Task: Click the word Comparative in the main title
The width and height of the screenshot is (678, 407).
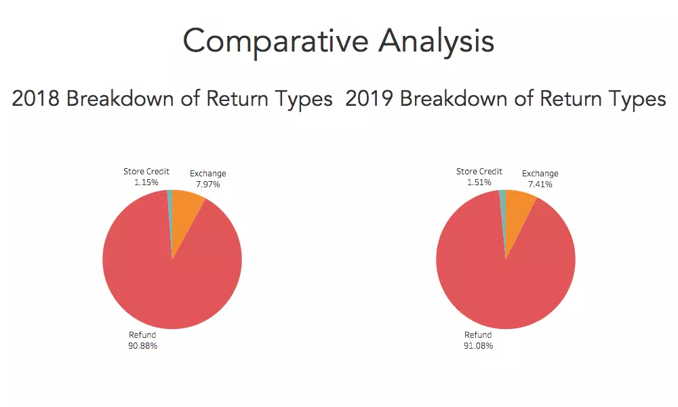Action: pyautogui.click(x=275, y=42)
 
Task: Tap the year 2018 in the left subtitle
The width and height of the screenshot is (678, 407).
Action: pyautogui.click(x=35, y=98)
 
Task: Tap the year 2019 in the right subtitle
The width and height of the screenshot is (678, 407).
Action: pyautogui.click(x=369, y=98)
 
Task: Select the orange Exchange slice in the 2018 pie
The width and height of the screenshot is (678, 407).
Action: pyautogui.click(x=186, y=212)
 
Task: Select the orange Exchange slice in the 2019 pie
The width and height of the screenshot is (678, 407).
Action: pyautogui.click(x=519, y=212)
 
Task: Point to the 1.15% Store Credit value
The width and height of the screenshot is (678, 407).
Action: pyautogui.click(x=146, y=182)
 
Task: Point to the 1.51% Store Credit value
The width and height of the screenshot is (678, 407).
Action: pyautogui.click(x=479, y=182)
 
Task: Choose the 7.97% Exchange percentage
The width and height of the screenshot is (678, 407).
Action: pyautogui.click(x=208, y=185)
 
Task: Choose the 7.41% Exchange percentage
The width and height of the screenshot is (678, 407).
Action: pyautogui.click(x=540, y=185)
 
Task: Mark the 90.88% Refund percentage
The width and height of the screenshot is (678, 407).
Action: pyautogui.click(x=142, y=345)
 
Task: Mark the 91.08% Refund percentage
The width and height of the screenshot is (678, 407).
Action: pyautogui.click(x=478, y=345)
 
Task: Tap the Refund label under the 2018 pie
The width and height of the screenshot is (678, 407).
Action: pyautogui.click(x=142, y=335)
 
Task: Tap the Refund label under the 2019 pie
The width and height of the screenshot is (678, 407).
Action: pyautogui.click(x=478, y=335)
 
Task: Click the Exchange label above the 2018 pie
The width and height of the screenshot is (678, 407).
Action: pyautogui.click(x=208, y=174)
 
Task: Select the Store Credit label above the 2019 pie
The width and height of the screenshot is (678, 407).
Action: pyautogui.click(x=479, y=172)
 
